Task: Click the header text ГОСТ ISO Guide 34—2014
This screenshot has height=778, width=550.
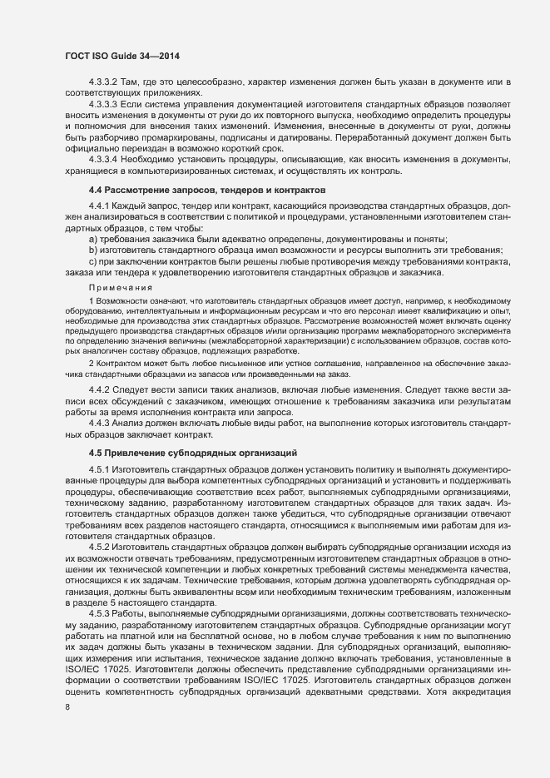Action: (x=122, y=56)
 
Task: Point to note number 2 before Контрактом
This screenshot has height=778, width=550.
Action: (x=91, y=364)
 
